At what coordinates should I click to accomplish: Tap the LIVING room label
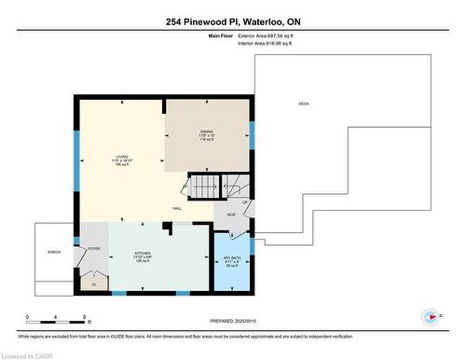click(x=119, y=158)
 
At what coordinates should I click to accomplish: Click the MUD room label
click(x=232, y=216)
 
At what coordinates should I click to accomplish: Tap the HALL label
click(x=176, y=208)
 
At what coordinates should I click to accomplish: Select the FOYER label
click(x=94, y=249)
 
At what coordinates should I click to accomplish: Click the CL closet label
click(x=94, y=284)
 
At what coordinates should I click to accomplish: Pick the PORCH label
click(x=54, y=252)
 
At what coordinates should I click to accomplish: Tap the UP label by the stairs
click(x=245, y=202)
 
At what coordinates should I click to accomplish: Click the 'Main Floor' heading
click(x=221, y=37)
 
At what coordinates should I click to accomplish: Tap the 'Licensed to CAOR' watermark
click(x=27, y=353)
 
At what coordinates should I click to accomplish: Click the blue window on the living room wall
click(x=75, y=164)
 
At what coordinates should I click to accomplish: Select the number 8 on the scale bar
click(x=86, y=319)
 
